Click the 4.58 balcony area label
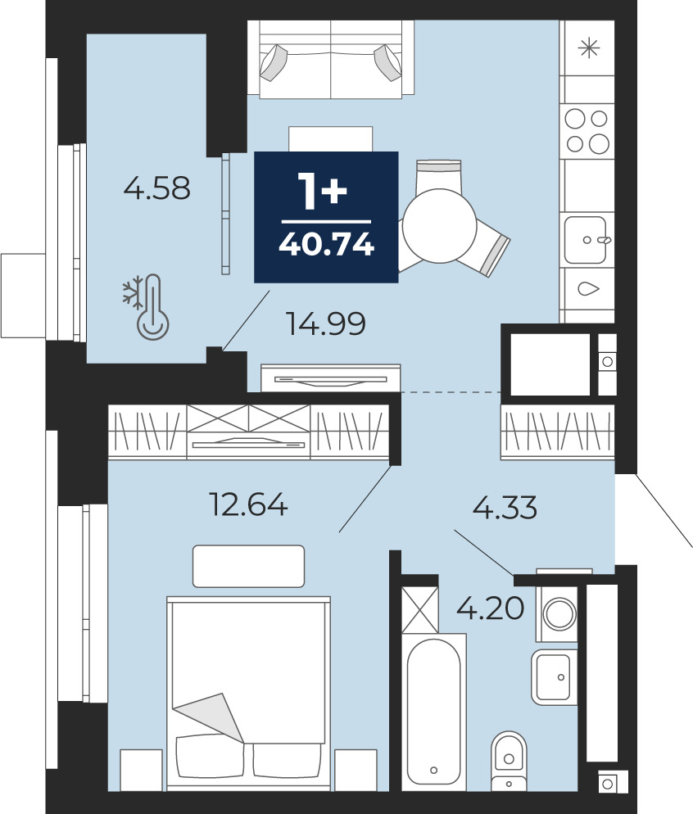[x=157, y=188]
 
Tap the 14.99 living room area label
[x=326, y=323]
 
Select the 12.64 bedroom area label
[x=248, y=504]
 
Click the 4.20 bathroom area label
[x=490, y=608]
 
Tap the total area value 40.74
[x=327, y=243]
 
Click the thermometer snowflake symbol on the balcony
[x=147, y=307]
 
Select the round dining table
[x=439, y=226]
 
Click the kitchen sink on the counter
[x=587, y=240]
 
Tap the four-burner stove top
[x=587, y=132]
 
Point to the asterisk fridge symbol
[x=589, y=49]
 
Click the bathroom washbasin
[x=555, y=677]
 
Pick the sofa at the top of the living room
[x=331, y=59]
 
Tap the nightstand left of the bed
[x=141, y=770]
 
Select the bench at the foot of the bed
[x=249, y=566]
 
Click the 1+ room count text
[x=322, y=192]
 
